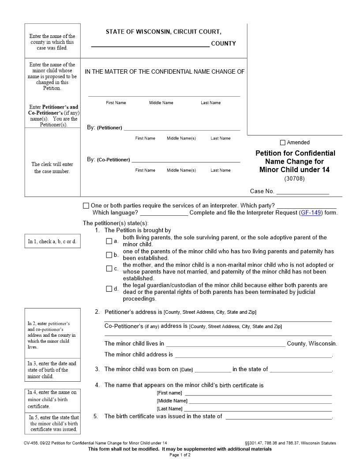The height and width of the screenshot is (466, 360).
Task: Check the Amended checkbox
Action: point(283,143)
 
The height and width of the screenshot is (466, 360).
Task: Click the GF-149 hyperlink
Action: point(311,212)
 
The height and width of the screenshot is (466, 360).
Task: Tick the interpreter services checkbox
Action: point(86,206)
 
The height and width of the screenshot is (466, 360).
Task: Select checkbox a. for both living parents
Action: point(109,241)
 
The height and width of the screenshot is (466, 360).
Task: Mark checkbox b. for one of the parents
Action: point(109,255)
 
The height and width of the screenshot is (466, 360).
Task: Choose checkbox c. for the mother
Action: point(109,268)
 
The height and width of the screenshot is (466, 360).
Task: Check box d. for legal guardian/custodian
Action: point(109,289)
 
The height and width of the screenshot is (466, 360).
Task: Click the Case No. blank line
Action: point(303,192)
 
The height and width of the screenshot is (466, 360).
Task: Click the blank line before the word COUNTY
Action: point(150,44)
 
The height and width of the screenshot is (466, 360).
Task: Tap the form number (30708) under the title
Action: point(294,179)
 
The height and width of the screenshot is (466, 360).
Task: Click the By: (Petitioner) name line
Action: point(182,128)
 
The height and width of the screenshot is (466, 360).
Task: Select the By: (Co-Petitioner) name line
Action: point(186,160)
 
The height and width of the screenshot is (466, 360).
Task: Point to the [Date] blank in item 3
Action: point(212,370)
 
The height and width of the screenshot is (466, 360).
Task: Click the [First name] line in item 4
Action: point(258,393)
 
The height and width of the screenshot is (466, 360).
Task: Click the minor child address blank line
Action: point(253,355)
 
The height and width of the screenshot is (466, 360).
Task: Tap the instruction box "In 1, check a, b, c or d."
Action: point(52,241)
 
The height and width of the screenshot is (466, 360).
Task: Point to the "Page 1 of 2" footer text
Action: point(180,455)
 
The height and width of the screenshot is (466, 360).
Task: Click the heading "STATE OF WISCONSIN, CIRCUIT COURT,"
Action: point(163,32)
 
